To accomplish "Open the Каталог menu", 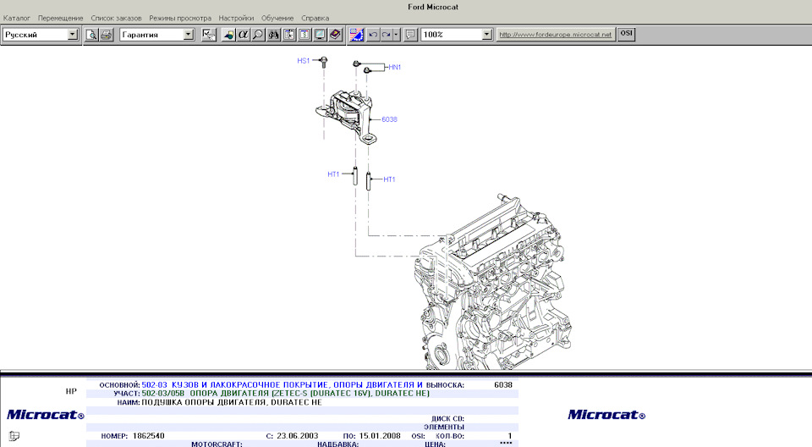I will tap(17, 18).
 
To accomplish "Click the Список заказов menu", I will tap(116, 18).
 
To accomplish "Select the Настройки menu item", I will tap(235, 18).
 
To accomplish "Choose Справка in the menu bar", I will tap(315, 18).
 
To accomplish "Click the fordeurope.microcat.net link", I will tap(554, 35).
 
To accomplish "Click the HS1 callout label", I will tap(303, 61).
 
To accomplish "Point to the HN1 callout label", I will tap(394, 67).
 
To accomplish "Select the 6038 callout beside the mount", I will tap(389, 119).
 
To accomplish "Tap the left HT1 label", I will tap(333, 174).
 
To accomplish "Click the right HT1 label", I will tap(389, 179).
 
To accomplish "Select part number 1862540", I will tap(149, 435).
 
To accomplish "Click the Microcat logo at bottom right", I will tap(606, 415).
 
